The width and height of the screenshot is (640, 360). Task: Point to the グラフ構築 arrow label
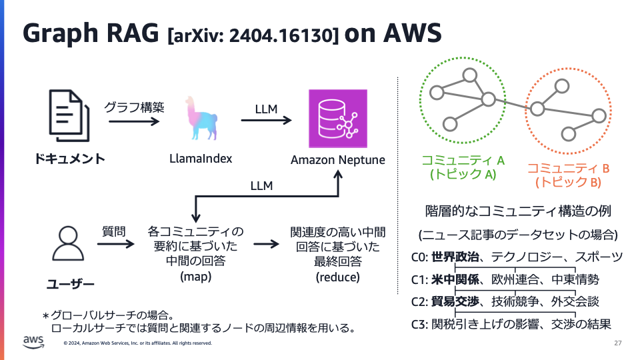(x=134, y=106)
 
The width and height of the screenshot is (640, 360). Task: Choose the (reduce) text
(x=337, y=277)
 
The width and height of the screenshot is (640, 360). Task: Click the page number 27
(x=617, y=343)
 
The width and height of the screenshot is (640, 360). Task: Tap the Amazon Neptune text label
(x=337, y=160)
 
